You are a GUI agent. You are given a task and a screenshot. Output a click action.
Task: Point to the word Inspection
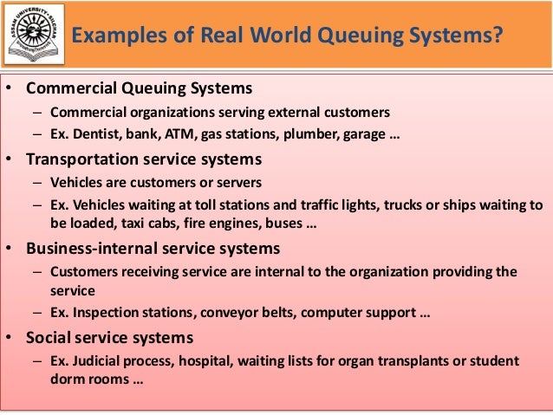(x=101, y=313)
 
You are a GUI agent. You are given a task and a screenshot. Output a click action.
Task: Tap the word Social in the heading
(x=49, y=337)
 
